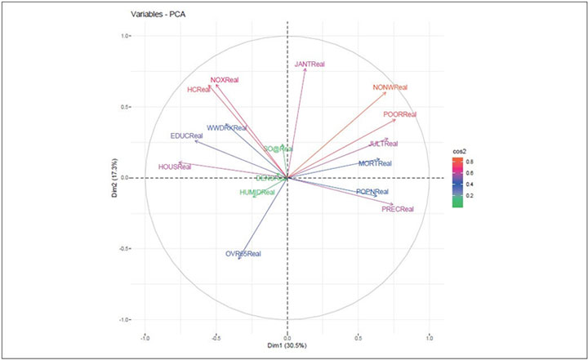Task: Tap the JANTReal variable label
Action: coord(312,64)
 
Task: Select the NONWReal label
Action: coord(390,87)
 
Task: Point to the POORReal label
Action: coord(399,115)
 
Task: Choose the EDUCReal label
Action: coord(187,136)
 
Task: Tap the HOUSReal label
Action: coord(175,167)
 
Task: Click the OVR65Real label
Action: coord(243,255)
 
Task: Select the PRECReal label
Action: coord(398,210)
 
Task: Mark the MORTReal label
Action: coord(375,164)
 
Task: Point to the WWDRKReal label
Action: coord(226,128)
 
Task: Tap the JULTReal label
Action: coord(383,144)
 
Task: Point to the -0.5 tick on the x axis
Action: coord(216,336)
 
